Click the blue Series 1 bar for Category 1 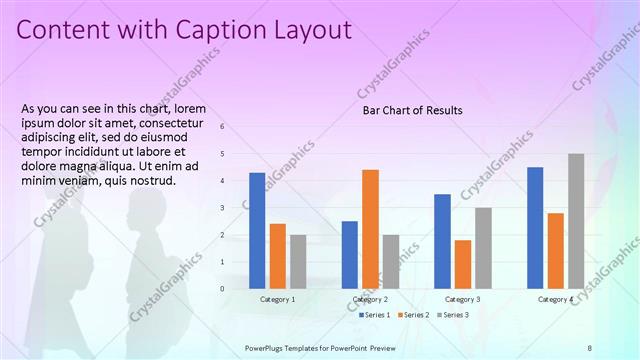point(257,230)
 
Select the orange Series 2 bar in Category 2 point(370,228)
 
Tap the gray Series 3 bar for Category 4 point(576,220)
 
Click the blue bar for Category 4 point(535,227)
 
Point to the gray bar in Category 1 point(298,261)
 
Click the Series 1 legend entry point(375,314)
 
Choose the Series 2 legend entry point(414,314)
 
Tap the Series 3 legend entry point(453,314)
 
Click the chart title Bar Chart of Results point(412,110)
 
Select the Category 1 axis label point(277,299)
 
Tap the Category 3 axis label point(462,299)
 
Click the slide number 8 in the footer point(590,347)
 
